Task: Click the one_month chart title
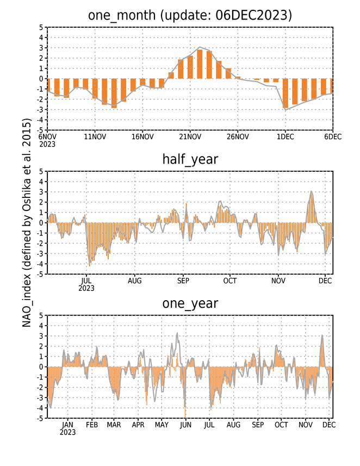[190, 15]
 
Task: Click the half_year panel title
[190, 159]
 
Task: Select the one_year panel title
[190, 303]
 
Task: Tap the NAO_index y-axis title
[27, 223]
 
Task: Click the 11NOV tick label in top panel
[95, 136]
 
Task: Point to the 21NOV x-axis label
[190, 136]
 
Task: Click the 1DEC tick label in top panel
[285, 136]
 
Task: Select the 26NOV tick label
[238, 136]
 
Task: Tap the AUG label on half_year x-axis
[135, 281]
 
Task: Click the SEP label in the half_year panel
[183, 281]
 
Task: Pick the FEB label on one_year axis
[92, 425]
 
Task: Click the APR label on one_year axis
[138, 425]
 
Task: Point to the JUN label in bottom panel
[185, 425]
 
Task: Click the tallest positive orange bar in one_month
[200, 64]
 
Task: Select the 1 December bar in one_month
[285, 94]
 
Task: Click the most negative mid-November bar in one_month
[114, 94]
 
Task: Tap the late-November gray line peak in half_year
[311, 191]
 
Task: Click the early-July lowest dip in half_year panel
[90, 264]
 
